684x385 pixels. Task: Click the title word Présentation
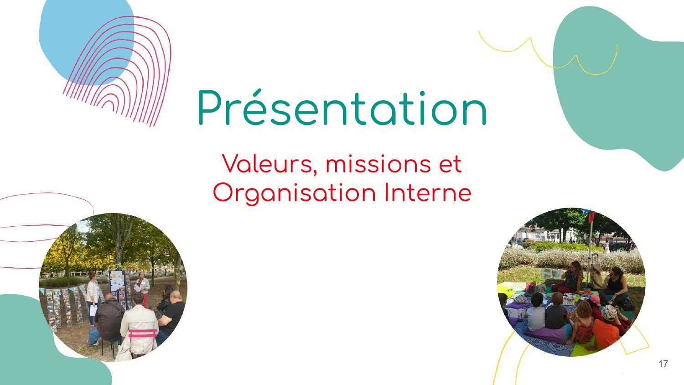tap(342, 108)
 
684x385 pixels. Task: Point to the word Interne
tap(428, 192)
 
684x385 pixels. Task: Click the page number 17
tap(663, 364)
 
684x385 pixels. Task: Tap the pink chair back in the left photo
tap(142, 333)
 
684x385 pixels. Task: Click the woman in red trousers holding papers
tap(143, 289)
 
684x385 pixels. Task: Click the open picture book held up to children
tap(551, 274)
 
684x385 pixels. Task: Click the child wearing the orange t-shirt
tap(606, 330)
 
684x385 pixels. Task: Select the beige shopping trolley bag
tap(595, 276)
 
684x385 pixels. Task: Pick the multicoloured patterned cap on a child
tap(609, 312)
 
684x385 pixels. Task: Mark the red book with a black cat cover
tap(530, 287)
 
